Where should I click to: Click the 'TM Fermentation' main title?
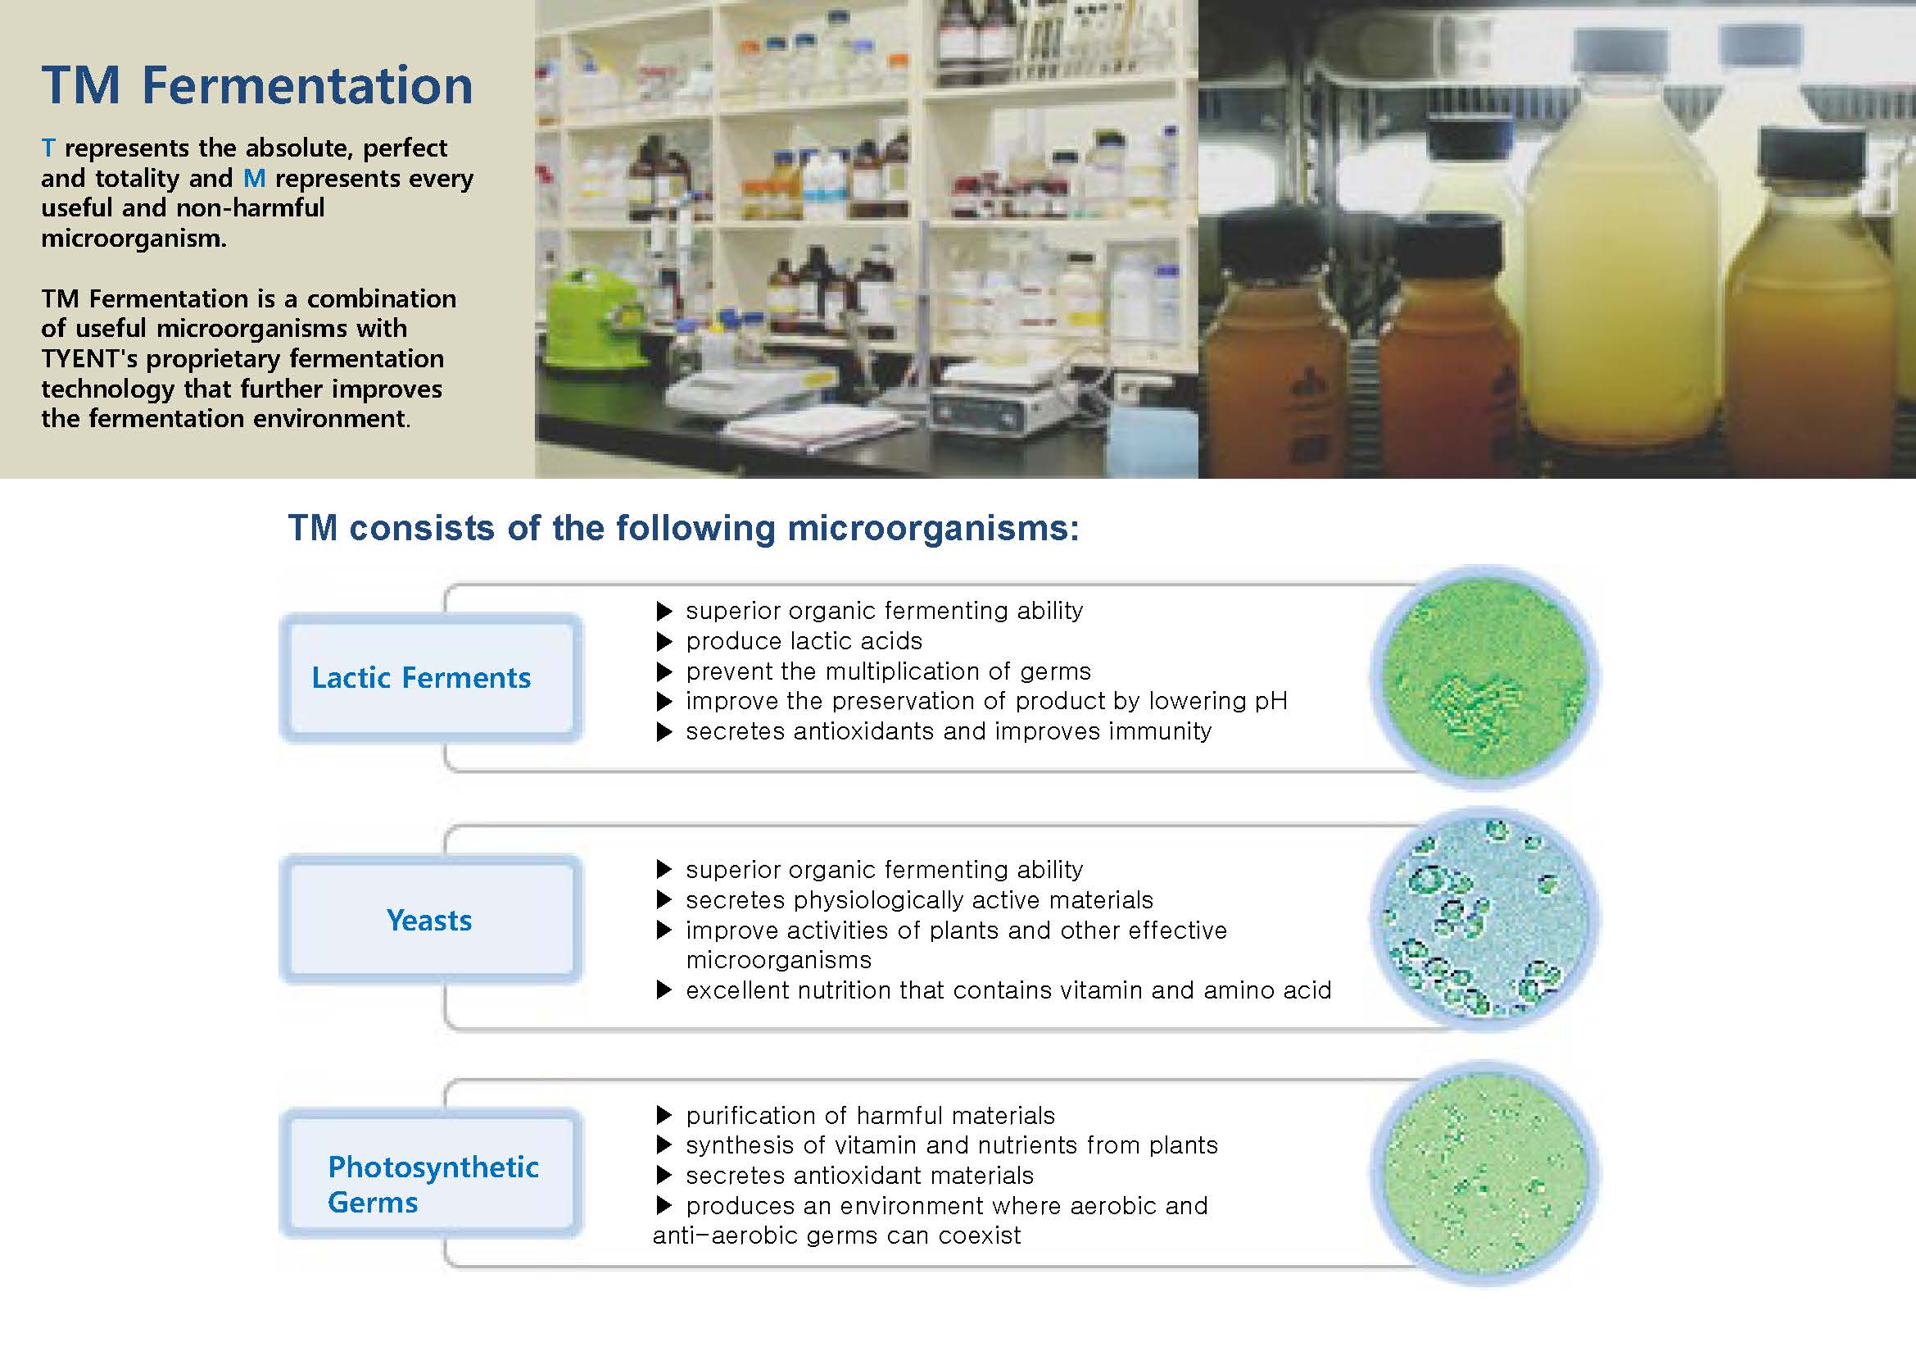click(x=257, y=85)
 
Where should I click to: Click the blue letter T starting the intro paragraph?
click(x=48, y=148)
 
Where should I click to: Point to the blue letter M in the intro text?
click(x=255, y=178)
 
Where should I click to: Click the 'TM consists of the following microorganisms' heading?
click(x=683, y=529)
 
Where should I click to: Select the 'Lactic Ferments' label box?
click(x=431, y=678)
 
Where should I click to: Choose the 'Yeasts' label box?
click(x=431, y=919)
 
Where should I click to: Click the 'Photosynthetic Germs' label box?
click(x=431, y=1172)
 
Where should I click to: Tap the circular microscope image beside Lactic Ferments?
click(x=1485, y=677)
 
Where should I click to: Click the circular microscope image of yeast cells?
click(x=1485, y=919)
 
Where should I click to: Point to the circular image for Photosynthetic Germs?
click(x=1485, y=1172)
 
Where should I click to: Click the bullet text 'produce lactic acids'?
click(x=804, y=641)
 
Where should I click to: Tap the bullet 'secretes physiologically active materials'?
click(x=919, y=900)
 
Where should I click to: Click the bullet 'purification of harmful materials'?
click(x=871, y=1116)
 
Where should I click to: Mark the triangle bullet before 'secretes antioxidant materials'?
click(x=664, y=1176)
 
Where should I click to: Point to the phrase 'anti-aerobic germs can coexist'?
click(x=836, y=1235)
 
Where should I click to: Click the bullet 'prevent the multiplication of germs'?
click(x=888, y=671)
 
